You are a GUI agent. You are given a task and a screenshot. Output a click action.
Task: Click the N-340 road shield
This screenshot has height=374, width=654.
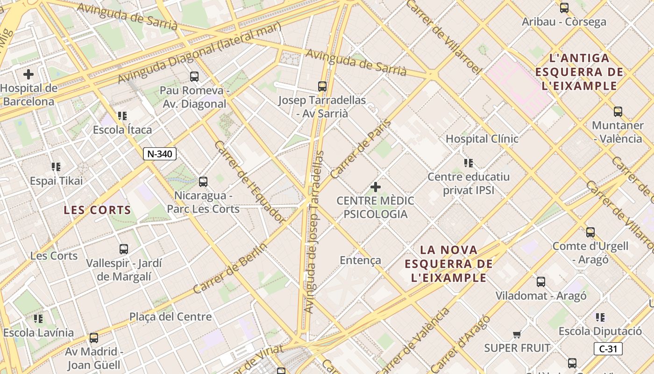click(159, 154)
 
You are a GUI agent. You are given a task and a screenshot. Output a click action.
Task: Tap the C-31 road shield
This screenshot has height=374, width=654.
click(608, 349)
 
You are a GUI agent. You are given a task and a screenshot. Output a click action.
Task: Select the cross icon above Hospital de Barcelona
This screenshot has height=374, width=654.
click(28, 74)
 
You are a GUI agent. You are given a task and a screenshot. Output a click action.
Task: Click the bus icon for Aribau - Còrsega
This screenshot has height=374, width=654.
click(564, 8)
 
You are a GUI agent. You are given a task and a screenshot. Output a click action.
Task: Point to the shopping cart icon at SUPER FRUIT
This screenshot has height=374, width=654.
click(517, 334)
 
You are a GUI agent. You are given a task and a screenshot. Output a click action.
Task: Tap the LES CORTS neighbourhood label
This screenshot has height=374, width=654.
click(97, 210)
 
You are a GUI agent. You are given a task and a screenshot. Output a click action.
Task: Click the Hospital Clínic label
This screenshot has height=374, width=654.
click(482, 139)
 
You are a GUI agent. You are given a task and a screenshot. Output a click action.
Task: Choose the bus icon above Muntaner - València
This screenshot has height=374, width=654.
click(618, 112)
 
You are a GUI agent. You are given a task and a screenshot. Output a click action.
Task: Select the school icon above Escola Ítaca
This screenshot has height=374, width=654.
click(122, 116)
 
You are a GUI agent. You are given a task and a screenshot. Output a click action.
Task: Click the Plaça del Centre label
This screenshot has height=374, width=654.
click(171, 317)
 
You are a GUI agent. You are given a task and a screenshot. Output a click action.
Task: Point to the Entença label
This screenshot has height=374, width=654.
click(361, 260)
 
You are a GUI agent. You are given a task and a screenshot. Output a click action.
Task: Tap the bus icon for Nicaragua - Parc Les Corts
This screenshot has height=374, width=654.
click(203, 181)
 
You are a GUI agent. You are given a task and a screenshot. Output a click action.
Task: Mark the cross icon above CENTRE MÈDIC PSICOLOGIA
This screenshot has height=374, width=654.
click(375, 187)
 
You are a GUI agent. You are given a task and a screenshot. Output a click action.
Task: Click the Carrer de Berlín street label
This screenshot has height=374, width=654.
click(230, 268)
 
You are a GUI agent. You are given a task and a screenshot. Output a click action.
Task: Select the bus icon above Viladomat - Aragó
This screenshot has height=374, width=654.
click(541, 282)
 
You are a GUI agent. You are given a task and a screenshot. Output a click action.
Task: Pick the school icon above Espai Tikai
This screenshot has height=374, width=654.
click(56, 167)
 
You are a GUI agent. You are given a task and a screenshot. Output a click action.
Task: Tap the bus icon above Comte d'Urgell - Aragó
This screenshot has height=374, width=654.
click(590, 232)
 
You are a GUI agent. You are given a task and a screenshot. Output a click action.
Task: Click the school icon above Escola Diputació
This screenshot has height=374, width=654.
click(600, 317)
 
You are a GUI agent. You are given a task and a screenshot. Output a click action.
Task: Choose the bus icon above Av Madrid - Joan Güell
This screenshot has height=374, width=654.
click(94, 338)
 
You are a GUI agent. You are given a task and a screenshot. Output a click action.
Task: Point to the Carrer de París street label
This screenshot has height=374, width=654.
click(360, 149)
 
